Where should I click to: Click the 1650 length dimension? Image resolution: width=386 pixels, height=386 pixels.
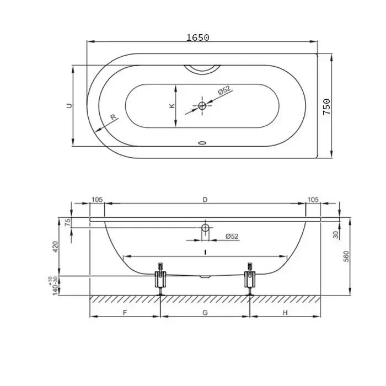(197, 37)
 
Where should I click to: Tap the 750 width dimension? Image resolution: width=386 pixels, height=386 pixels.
(326, 106)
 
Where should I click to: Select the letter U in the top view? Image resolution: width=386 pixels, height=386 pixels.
(69, 106)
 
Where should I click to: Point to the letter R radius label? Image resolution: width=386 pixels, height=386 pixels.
(113, 117)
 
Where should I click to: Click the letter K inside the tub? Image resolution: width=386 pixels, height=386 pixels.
(172, 106)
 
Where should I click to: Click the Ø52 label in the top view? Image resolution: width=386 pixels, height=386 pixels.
(224, 90)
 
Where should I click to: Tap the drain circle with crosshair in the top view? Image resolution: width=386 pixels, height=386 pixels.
(202, 106)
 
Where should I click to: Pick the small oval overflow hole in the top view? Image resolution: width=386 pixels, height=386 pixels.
(202, 143)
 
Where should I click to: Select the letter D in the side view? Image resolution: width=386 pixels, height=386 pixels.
(205, 200)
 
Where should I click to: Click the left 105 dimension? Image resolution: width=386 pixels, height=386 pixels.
(97, 200)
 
